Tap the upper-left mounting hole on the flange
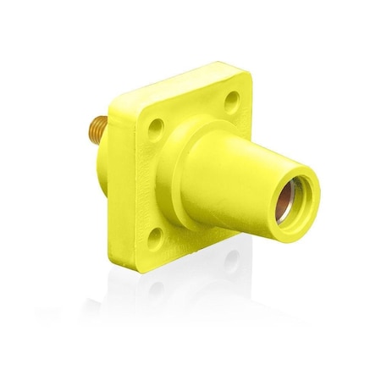coord(155,126)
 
